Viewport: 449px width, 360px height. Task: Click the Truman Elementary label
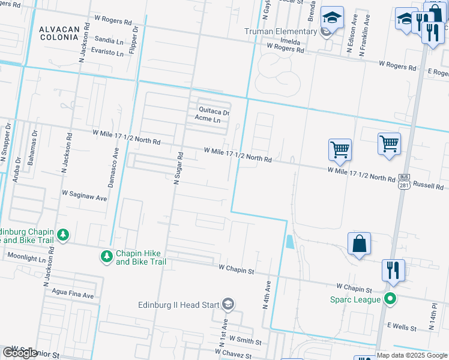click(280, 31)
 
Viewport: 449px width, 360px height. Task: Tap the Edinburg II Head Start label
click(178, 305)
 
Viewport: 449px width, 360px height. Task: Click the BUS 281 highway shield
click(403, 181)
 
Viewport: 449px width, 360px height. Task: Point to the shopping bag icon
click(359, 244)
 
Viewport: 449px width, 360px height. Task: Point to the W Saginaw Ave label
click(84, 196)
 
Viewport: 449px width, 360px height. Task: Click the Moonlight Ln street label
click(26, 257)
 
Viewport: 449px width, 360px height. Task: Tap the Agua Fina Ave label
click(73, 295)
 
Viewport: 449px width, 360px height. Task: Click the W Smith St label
click(245, 341)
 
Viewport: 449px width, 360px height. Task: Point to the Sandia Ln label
click(109, 40)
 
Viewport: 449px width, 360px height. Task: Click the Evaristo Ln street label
click(106, 53)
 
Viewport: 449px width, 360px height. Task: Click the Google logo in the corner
click(20, 353)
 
